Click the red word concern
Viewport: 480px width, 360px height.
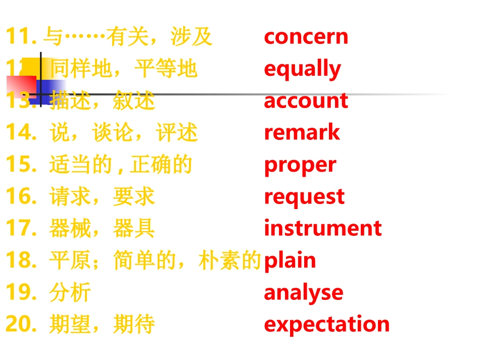click(x=306, y=37)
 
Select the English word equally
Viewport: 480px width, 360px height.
click(x=302, y=69)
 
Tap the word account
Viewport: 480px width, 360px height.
click(x=306, y=101)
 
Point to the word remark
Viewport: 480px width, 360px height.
click(x=302, y=133)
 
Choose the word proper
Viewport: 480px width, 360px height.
click(x=300, y=165)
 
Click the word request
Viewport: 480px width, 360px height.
click(x=304, y=197)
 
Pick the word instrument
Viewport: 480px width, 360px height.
click(x=322, y=228)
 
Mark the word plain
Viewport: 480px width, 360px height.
click(x=290, y=261)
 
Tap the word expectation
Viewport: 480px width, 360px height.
click(x=326, y=324)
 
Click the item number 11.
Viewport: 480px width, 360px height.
click(x=21, y=37)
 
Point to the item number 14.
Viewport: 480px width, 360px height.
click(x=21, y=133)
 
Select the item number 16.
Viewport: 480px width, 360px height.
click(x=21, y=197)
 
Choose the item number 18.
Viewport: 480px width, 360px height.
click(x=21, y=261)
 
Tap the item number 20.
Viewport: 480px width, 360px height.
click(x=21, y=324)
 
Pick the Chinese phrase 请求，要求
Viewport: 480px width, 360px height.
click(x=102, y=197)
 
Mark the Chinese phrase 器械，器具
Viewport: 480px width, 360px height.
click(x=102, y=229)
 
